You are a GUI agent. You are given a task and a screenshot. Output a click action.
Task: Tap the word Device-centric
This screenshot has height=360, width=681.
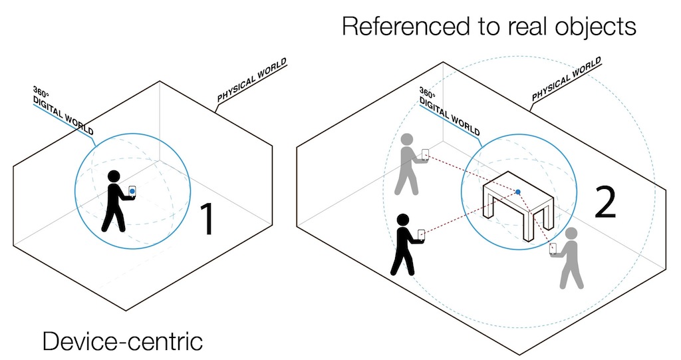pyautogui.click(x=122, y=341)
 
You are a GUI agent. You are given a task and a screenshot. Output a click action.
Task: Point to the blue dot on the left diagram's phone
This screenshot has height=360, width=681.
pyautogui.click(x=132, y=192)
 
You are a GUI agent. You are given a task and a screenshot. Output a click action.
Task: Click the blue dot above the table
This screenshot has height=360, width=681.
pyautogui.click(x=518, y=192)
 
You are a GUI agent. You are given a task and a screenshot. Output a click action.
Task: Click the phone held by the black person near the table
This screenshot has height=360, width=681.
pyautogui.click(x=420, y=234)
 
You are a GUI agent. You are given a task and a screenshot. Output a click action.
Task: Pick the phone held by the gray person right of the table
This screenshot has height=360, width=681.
pyautogui.click(x=553, y=248)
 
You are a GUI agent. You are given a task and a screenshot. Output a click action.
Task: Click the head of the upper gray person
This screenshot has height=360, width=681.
pyautogui.click(x=408, y=140)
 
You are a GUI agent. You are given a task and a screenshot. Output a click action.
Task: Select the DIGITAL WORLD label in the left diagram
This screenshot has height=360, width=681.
pyautogui.click(x=64, y=114)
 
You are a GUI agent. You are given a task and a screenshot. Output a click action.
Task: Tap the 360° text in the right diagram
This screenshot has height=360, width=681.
pyautogui.click(x=427, y=92)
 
